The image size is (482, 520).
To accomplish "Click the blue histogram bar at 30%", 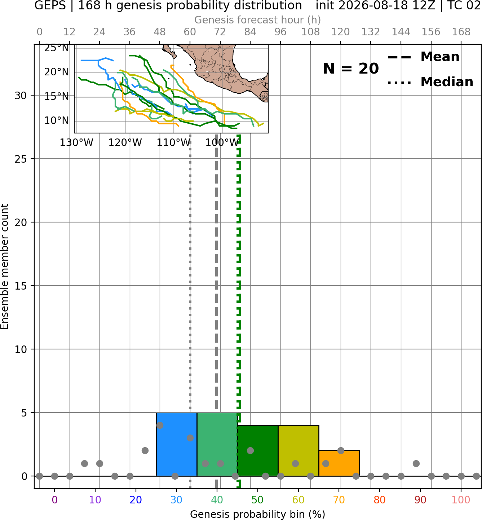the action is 176,444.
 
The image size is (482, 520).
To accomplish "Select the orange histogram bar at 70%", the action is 339,463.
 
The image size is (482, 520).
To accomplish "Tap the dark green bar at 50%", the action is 258,451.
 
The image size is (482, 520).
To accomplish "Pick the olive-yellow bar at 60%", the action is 299,451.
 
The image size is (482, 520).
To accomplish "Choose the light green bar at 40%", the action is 217,444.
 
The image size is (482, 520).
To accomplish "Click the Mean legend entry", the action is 423,57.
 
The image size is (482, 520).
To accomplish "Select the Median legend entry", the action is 430,82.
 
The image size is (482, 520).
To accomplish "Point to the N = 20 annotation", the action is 351,69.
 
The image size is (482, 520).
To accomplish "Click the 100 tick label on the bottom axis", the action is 461,500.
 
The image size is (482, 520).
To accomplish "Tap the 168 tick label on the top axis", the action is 461,32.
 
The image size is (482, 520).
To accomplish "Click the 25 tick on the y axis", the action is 21,159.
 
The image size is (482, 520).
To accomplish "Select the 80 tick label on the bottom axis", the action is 380,500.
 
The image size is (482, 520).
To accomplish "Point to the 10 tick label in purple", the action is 95,500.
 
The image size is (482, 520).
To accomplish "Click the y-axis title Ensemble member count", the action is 5,266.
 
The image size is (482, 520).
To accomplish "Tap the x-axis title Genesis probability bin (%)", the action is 258,514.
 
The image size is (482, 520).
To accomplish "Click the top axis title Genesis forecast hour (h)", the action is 258,20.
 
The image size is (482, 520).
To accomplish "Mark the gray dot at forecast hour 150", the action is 416,463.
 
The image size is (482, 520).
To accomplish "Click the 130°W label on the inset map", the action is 76,143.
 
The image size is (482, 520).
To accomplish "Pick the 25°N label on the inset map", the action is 57,48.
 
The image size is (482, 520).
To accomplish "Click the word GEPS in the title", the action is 50,5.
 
